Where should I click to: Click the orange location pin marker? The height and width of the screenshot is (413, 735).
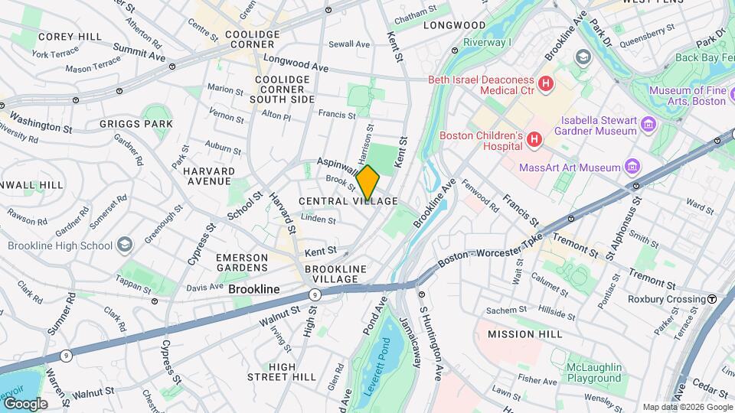click(367, 182)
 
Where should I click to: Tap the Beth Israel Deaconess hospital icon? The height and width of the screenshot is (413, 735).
click(546, 83)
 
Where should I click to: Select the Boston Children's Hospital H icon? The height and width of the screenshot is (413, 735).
click(534, 140)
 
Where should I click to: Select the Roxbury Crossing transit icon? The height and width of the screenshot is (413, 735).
click(712, 299)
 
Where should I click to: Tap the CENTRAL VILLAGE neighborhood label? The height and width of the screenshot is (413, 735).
click(348, 201)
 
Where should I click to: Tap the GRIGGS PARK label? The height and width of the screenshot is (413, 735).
click(136, 123)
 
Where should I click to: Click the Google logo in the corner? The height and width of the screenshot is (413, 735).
click(24, 403)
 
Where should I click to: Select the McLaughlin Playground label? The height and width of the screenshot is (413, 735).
click(593, 372)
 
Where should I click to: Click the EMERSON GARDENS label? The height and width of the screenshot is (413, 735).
click(242, 262)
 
